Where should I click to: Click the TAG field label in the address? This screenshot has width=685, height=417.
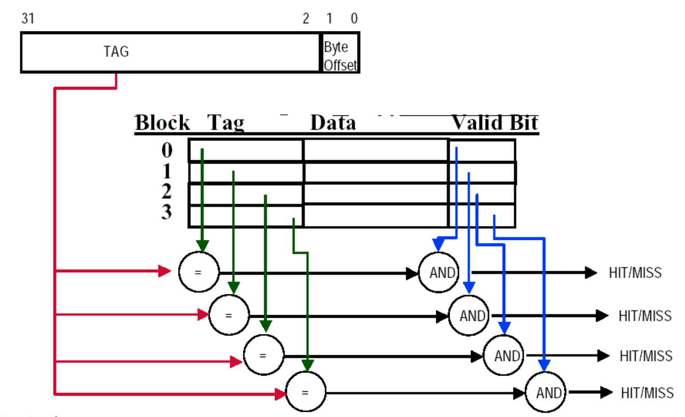pyautogui.click(x=116, y=51)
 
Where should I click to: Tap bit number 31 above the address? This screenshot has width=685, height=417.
pyautogui.click(x=28, y=18)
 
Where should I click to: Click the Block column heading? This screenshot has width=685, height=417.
pyautogui.click(x=162, y=123)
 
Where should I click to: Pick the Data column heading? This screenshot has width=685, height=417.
pyautogui.click(x=333, y=123)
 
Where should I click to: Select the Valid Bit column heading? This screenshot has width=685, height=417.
pyautogui.click(x=494, y=123)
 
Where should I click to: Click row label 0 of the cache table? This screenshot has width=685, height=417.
pyautogui.click(x=167, y=150)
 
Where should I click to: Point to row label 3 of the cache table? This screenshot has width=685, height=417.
pyautogui.click(x=167, y=212)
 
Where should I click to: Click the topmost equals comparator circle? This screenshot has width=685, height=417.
pyautogui.click(x=199, y=272)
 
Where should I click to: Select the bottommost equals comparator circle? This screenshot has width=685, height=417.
pyautogui.click(x=305, y=392)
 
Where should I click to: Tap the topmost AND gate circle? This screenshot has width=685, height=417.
pyautogui.click(x=439, y=273)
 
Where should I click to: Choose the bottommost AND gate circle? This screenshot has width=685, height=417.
pyautogui.click(x=546, y=392)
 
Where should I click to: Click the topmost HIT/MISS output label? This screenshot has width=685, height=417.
pyautogui.click(x=635, y=273)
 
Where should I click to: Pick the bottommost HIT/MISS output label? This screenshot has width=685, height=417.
pyautogui.click(x=647, y=393)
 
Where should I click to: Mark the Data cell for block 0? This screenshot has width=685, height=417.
pyautogui.click(x=376, y=150)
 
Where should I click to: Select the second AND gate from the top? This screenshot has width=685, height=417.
pyautogui.click(x=469, y=316)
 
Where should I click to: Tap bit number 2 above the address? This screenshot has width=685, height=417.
pyautogui.click(x=306, y=18)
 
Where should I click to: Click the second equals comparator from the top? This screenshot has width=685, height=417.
pyautogui.click(x=229, y=316)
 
